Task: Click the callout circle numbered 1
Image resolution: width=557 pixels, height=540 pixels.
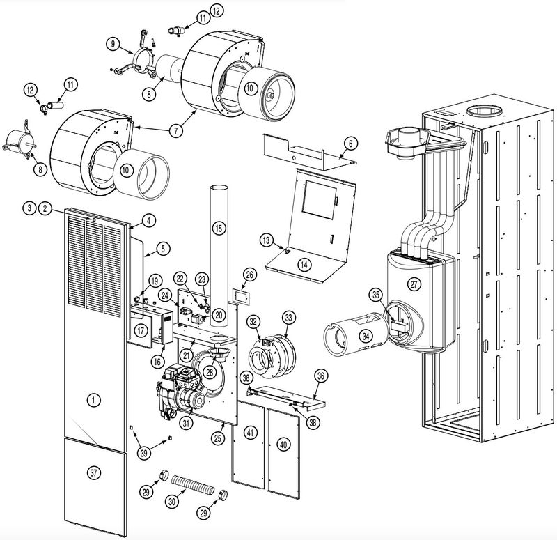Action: [91, 399]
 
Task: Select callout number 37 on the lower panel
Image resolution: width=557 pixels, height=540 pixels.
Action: [95, 472]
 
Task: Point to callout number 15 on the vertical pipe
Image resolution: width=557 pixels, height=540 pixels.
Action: [219, 228]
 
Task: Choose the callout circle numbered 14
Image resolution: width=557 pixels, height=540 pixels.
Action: [304, 263]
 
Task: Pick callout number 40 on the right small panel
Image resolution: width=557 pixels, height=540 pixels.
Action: [283, 443]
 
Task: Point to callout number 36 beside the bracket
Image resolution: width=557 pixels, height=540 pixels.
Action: [320, 375]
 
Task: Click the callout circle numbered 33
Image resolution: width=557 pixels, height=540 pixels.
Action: [288, 318]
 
